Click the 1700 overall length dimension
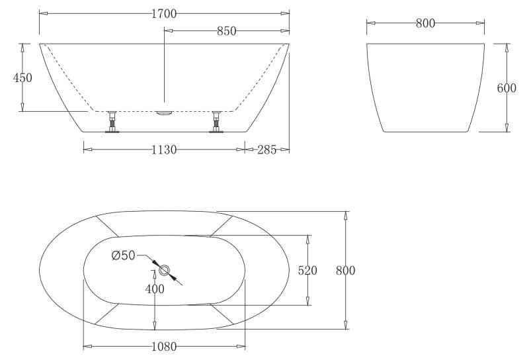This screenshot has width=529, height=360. pyautogui.click(x=164, y=14)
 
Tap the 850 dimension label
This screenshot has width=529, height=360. pyautogui.click(x=226, y=31)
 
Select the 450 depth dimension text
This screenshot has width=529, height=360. pyautogui.click(x=22, y=77)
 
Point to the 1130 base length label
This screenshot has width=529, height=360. pyautogui.click(x=164, y=150)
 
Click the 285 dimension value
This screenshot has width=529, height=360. pyautogui.click(x=267, y=150)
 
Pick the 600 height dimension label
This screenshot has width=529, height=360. pyautogui.click(x=507, y=88)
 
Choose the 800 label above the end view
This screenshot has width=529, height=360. pyautogui.click(x=425, y=23)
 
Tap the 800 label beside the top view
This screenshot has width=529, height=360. pyautogui.click(x=345, y=270)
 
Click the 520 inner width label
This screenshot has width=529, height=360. pyautogui.click(x=307, y=270)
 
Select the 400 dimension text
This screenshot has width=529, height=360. pyautogui.click(x=155, y=289)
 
